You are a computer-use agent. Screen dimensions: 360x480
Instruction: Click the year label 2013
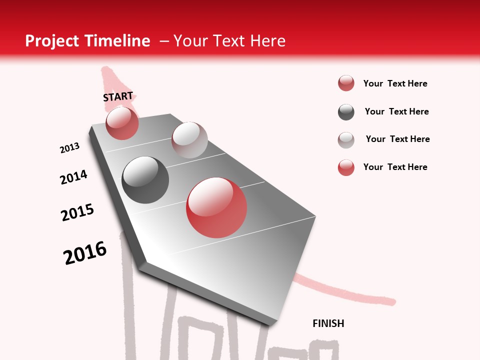(x=70, y=147)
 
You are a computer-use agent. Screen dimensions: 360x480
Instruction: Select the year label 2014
(x=74, y=177)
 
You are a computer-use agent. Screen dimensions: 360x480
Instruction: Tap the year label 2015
(x=77, y=212)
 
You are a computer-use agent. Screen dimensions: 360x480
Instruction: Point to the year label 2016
(x=85, y=252)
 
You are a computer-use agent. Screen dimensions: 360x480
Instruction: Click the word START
(x=118, y=96)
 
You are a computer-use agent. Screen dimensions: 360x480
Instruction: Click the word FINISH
(x=328, y=323)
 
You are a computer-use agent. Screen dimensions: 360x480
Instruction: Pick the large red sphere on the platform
(x=216, y=207)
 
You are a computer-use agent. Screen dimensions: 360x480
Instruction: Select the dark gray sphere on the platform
(x=145, y=180)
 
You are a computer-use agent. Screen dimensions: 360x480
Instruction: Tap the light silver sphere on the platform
(x=189, y=140)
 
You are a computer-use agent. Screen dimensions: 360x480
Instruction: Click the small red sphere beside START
(x=122, y=123)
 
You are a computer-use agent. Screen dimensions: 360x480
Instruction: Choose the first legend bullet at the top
(x=346, y=83)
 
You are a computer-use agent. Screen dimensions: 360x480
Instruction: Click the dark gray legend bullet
(x=346, y=112)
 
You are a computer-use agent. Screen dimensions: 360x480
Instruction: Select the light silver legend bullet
(x=346, y=140)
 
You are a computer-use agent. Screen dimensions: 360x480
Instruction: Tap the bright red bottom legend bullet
(x=346, y=167)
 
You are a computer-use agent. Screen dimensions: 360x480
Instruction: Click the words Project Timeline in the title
(x=87, y=41)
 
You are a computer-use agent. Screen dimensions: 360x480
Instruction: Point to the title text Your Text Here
(x=229, y=41)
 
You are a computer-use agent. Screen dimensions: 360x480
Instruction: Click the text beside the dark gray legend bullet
(x=396, y=111)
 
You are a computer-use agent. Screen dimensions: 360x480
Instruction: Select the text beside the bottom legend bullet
(x=395, y=167)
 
